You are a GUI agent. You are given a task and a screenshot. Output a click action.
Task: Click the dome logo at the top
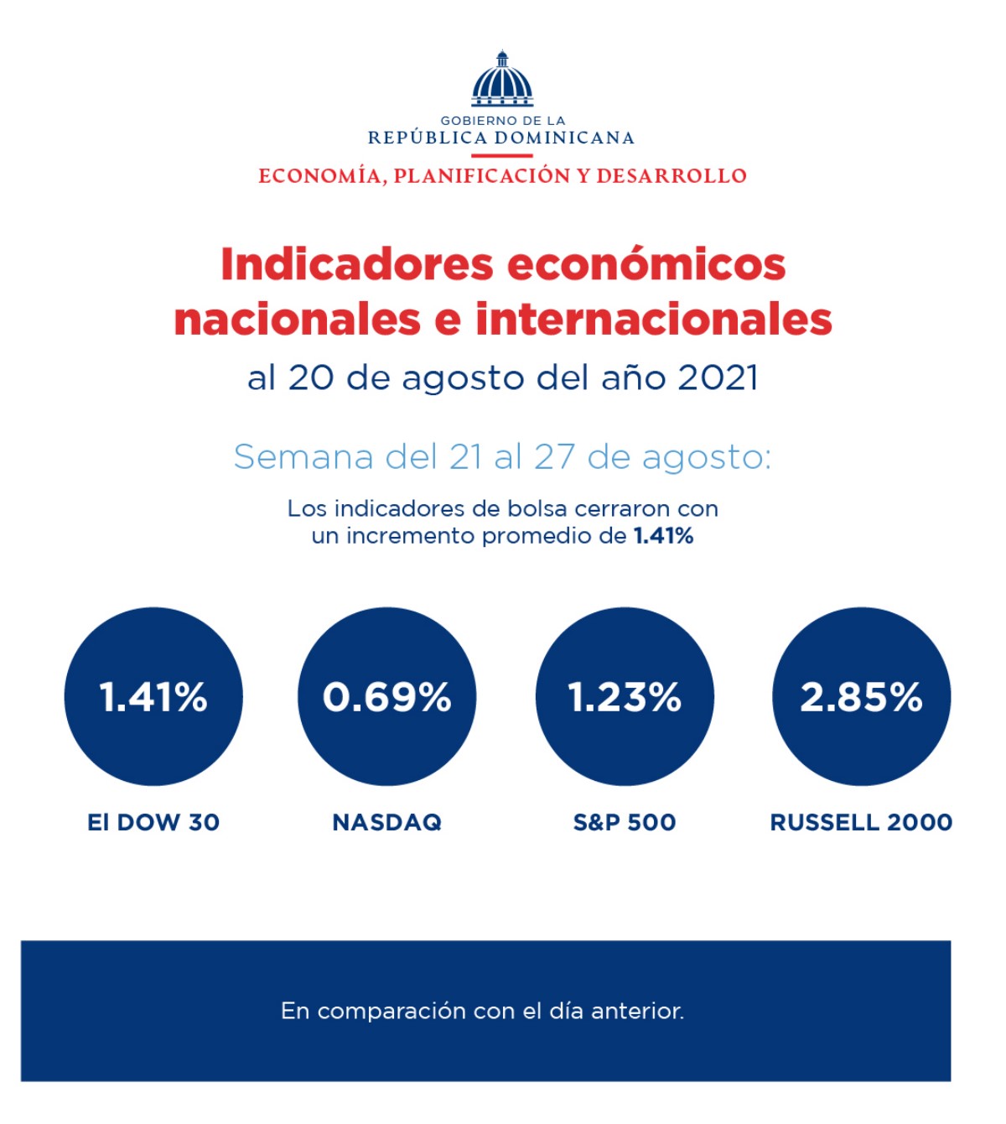coord(502,80)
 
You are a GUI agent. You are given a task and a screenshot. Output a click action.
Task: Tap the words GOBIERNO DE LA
coord(503,121)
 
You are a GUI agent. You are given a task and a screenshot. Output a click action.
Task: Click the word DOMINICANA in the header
coord(564,138)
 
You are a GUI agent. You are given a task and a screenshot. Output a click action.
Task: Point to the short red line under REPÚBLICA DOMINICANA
coord(502,155)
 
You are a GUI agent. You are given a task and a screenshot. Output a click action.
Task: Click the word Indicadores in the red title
coord(357,264)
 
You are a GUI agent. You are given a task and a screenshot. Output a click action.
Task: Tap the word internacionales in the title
coord(654,320)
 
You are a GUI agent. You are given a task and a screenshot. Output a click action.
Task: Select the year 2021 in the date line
coord(718,378)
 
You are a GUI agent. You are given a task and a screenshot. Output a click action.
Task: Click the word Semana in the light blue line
coord(303,457)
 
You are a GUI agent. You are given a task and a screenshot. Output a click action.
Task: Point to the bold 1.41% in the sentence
coord(663,536)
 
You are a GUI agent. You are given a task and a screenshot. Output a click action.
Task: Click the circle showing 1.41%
coord(153,697)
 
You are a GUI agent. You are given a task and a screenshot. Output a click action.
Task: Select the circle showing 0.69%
coord(387,697)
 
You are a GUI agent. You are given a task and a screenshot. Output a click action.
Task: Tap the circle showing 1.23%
coord(625,697)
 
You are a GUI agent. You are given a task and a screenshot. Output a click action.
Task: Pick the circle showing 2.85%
coord(861,697)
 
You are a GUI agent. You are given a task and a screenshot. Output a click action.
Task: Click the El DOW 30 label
coord(153,822)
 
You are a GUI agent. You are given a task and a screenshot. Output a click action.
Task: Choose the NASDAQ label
coord(387,822)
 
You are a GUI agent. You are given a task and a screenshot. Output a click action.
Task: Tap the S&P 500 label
coord(625,822)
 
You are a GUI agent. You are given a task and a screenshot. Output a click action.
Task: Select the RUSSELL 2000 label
coord(861,822)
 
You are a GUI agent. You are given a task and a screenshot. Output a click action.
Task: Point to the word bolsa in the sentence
coord(537,509)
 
